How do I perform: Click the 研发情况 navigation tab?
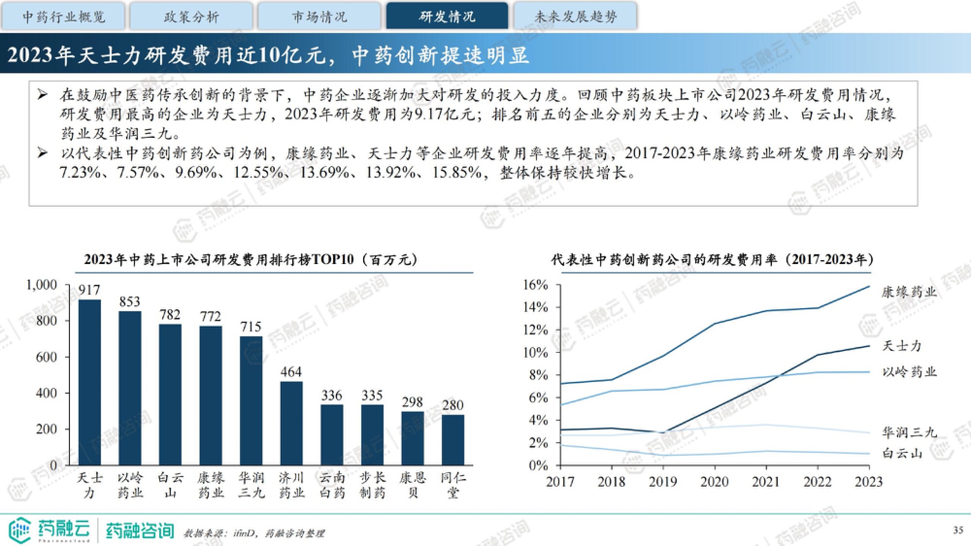point(447,17)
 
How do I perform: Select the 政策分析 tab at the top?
point(191,17)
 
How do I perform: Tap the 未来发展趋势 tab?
point(575,17)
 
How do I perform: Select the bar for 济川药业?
point(291,423)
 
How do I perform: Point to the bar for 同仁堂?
point(452,440)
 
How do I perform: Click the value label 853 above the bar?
point(130,302)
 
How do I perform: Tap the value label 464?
point(291,372)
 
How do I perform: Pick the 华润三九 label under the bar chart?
point(251,485)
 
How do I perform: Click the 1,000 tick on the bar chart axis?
point(42,285)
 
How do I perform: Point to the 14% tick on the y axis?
point(535,307)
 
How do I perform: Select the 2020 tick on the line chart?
point(714,482)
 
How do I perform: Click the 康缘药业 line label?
point(909,292)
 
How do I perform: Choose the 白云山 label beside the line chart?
point(902,453)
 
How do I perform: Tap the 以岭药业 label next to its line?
point(909,372)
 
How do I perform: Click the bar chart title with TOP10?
point(251,260)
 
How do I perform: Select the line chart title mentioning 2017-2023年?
point(712,260)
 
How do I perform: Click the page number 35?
point(958,530)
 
